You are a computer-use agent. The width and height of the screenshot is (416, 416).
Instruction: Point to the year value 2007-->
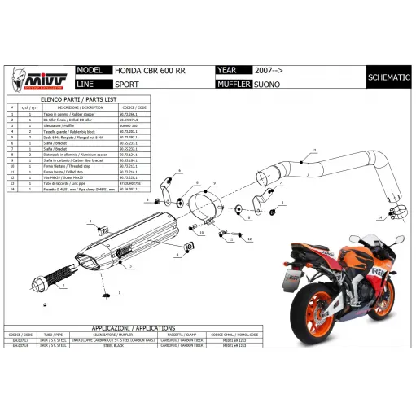point(269,72)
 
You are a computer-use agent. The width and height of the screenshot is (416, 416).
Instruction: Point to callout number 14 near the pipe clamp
point(379,219)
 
